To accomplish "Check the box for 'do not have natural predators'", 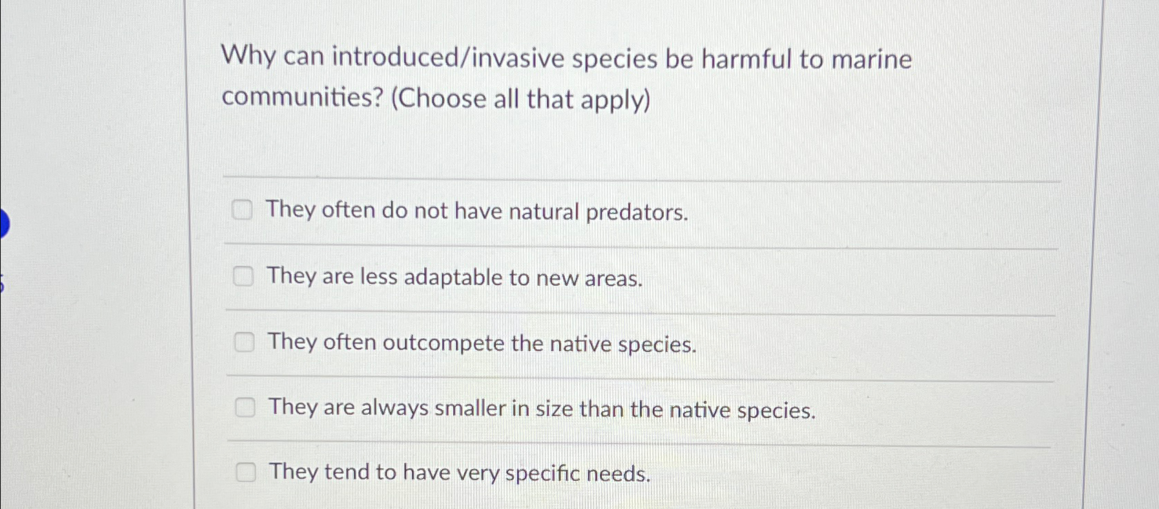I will pyautogui.click(x=242, y=209).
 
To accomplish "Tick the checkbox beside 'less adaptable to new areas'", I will pyautogui.click(x=242, y=276).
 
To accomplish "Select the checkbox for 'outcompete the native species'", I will pyautogui.click(x=244, y=342).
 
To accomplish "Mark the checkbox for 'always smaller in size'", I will pyautogui.click(x=244, y=407).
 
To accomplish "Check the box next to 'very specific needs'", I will pyautogui.click(x=246, y=472).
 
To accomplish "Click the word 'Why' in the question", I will pyautogui.click(x=248, y=55).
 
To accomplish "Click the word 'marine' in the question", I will pyautogui.click(x=871, y=60).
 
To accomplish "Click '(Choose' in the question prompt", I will pyautogui.click(x=439, y=98).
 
